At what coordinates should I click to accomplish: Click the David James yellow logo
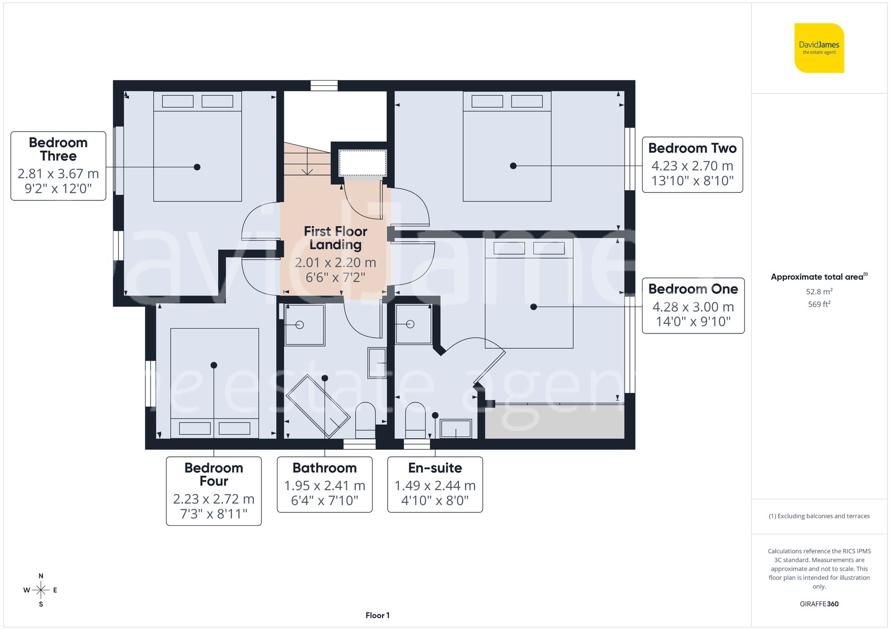[819, 48]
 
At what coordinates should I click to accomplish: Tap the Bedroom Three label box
[58, 166]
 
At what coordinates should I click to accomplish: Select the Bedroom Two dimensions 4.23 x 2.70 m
[692, 166]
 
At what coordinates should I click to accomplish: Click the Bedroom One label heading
[693, 289]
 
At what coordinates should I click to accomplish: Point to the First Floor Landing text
[335, 238]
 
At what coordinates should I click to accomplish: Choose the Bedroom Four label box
[214, 491]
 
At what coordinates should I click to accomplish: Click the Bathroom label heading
[324, 468]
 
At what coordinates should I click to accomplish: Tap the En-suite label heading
[435, 468]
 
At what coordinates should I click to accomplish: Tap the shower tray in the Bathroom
[305, 325]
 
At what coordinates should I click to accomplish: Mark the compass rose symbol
[41, 590]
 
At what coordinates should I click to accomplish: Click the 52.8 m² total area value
[819, 292]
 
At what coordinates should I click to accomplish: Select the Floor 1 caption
[377, 615]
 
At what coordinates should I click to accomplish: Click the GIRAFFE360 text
[819, 604]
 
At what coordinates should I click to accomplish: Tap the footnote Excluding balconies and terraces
[819, 516]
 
